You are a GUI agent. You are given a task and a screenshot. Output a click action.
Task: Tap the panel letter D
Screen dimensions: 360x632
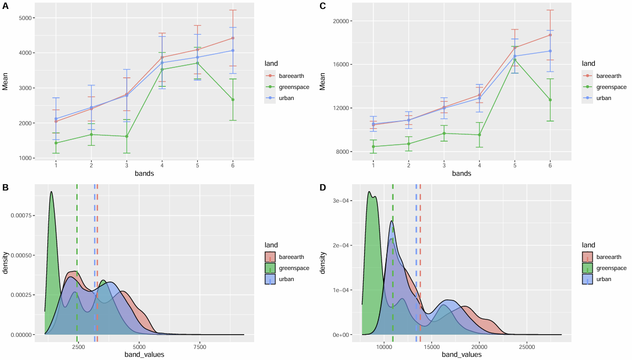(323, 187)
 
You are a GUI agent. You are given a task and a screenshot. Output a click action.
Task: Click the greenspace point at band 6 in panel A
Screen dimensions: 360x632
(233, 99)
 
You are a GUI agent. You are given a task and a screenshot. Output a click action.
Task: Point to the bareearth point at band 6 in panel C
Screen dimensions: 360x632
(550, 35)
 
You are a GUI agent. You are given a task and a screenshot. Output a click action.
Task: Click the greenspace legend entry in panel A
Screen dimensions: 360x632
(286, 87)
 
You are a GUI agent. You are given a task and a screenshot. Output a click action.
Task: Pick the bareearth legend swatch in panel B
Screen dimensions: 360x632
(270, 257)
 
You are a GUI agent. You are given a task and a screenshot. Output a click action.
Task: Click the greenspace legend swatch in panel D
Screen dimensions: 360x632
(587, 268)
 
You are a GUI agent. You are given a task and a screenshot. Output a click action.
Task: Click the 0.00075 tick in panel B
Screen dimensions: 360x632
(21, 216)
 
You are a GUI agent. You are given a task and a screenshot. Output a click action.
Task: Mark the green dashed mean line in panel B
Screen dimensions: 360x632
(77, 263)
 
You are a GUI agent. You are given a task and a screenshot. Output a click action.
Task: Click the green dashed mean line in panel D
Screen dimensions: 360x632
(393, 263)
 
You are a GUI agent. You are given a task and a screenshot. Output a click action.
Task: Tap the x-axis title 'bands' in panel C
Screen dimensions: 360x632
(462, 173)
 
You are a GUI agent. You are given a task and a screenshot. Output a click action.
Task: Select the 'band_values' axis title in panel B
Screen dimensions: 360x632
(144, 355)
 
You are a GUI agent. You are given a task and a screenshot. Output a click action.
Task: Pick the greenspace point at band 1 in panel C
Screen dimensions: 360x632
(373, 147)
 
